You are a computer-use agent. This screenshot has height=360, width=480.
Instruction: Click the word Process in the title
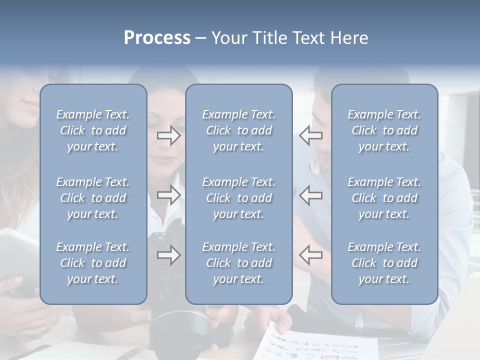coord(157,38)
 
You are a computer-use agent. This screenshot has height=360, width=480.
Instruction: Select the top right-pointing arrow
coord(168,135)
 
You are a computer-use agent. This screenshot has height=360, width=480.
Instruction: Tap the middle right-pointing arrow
coord(168,195)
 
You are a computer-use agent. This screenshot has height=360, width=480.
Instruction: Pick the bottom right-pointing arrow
coord(168,255)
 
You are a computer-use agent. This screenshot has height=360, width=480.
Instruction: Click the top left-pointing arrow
coord(310,135)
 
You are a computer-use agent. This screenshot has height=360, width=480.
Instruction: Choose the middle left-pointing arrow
coord(310,195)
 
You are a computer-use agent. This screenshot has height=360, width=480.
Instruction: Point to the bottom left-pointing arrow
coord(310,255)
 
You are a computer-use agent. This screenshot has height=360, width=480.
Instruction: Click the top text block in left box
coord(93,130)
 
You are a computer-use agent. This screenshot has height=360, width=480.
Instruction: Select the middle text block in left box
coord(93,198)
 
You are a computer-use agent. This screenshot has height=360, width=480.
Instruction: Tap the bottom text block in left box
coord(93,263)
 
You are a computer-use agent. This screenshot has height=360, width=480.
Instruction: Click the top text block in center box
coord(238,130)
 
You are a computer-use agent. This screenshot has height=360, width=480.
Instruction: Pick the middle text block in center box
coord(238,198)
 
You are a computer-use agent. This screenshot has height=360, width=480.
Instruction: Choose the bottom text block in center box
coord(238,263)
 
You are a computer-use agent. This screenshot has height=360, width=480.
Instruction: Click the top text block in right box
coord(384,130)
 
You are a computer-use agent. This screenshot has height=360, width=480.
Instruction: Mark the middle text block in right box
coord(384,198)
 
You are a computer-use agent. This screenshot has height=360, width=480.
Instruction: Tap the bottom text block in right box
coord(384,263)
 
